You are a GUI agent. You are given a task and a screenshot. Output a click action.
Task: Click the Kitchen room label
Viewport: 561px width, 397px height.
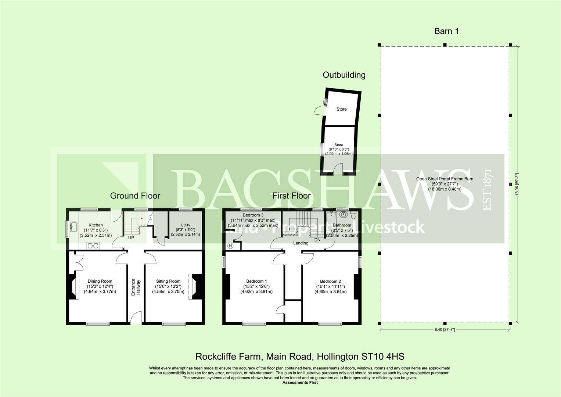click(96, 225)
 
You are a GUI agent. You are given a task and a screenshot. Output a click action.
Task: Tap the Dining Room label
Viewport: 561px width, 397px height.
click(100, 281)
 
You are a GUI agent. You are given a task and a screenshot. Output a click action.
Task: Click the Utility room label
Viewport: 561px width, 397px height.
click(185, 225)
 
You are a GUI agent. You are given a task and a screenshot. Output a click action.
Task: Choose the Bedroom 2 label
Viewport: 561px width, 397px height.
click(331, 281)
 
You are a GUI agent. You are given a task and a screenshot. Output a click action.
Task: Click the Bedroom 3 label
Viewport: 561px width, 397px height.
click(253, 215)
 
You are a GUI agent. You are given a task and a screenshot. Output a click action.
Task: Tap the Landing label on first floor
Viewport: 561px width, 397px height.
click(301, 243)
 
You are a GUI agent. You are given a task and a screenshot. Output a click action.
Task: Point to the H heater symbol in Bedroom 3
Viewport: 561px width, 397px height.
click(231, 246)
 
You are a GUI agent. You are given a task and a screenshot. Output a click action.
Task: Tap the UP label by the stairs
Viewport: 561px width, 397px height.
click(131, 238)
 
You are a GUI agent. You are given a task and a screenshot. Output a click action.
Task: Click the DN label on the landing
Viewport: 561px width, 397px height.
click(317, 239)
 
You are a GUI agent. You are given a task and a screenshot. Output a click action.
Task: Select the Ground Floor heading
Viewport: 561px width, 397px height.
click(135, 196)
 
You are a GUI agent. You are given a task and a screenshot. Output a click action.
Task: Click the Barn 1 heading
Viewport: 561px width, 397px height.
click(446, 31)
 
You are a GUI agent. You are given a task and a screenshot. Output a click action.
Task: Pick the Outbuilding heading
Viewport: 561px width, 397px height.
click(344, 75)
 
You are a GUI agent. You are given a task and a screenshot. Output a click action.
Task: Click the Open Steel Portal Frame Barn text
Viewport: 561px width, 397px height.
click(445, 179)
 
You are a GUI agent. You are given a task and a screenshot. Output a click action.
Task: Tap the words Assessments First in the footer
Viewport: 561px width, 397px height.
click(300, 382)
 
